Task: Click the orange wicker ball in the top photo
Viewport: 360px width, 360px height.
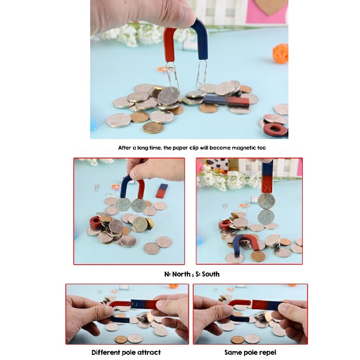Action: tap(280, 53)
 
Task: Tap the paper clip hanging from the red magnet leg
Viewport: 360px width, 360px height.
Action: tap(172, 76)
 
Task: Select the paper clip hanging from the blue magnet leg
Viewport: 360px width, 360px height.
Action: tap(201, 75)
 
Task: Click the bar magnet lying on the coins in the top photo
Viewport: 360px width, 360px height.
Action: tap(227, 101)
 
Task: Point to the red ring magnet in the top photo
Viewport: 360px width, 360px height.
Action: tap(276, 130)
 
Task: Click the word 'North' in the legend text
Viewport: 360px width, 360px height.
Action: tap(181, 274)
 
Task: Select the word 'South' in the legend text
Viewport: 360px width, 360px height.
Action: tap(211, 274)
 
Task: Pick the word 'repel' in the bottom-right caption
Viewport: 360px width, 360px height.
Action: tap(268, 352)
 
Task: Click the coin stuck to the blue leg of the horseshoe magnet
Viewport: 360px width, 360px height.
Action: tap(123, 204)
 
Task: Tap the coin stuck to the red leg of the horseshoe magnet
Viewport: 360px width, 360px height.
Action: tap(139, 205)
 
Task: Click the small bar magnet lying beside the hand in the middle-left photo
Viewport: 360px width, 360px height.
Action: tap(162, 191)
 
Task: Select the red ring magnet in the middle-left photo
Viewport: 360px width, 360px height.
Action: tap(95, 221)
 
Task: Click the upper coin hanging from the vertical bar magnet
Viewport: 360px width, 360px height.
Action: tap(266, 201)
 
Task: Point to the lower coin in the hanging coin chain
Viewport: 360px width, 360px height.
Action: tap(266, 217)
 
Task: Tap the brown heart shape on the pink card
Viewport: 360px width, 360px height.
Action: tap(271, 6)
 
